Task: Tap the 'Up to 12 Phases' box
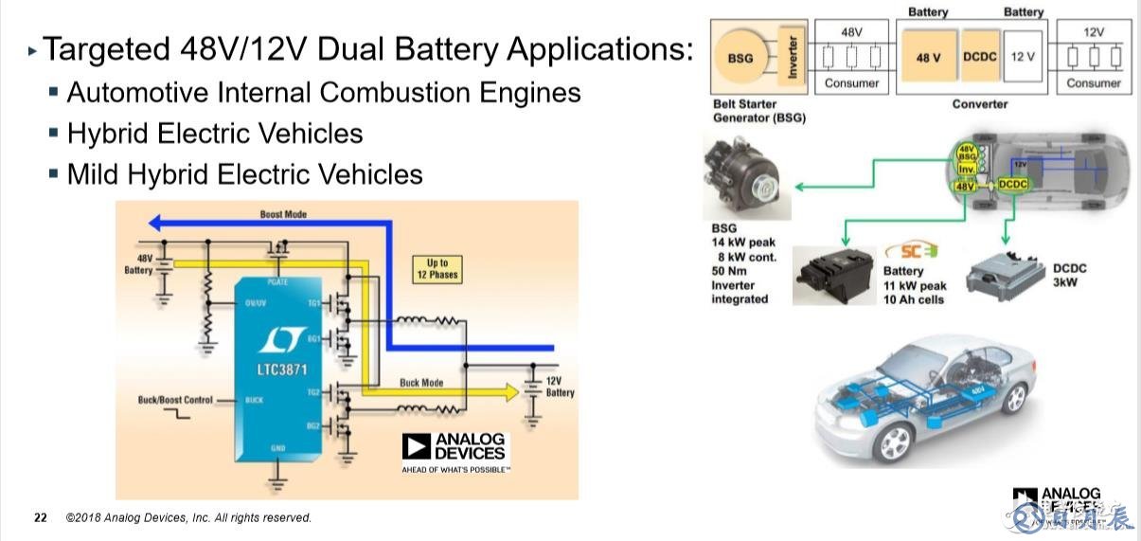pos(437,269)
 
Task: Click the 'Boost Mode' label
pos(283,214)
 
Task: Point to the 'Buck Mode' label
pos(421,383)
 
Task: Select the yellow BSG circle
pos(740,59)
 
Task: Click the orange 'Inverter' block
pos(793,58)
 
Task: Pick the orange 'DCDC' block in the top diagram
pos(980,58)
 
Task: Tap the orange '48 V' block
pos(929,58)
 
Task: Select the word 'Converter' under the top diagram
pos(980,103)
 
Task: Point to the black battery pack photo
pos(834,274)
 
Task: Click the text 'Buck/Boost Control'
pos(175,400)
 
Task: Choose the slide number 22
pos(40,517)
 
